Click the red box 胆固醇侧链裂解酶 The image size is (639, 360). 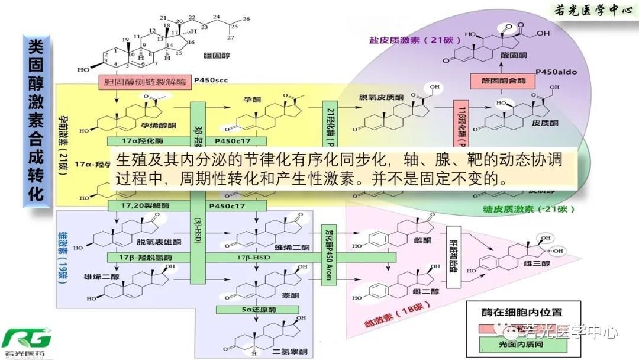pos(145,82)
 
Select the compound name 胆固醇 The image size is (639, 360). pos(216,57)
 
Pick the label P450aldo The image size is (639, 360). pos(556,72)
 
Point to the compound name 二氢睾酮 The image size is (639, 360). pos(291,352)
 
